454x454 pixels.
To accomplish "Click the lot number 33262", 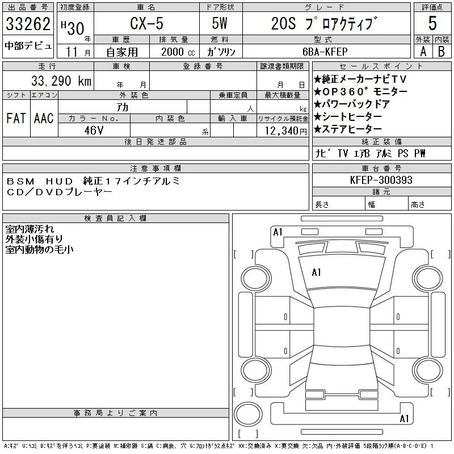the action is [28, 24].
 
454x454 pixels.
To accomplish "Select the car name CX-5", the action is [146, 23].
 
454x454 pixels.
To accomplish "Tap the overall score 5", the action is [432, 23].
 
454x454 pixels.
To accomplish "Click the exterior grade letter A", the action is [423, 52].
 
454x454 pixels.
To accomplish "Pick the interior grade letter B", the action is [442, 52].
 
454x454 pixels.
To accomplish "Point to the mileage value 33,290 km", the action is [61, 81].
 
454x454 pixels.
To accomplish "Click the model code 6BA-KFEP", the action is [325, 52].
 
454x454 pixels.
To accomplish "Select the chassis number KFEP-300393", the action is [381, 180].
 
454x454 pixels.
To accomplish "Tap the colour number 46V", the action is [94, 131].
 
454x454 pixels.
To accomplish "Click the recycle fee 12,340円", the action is [286, 131].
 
